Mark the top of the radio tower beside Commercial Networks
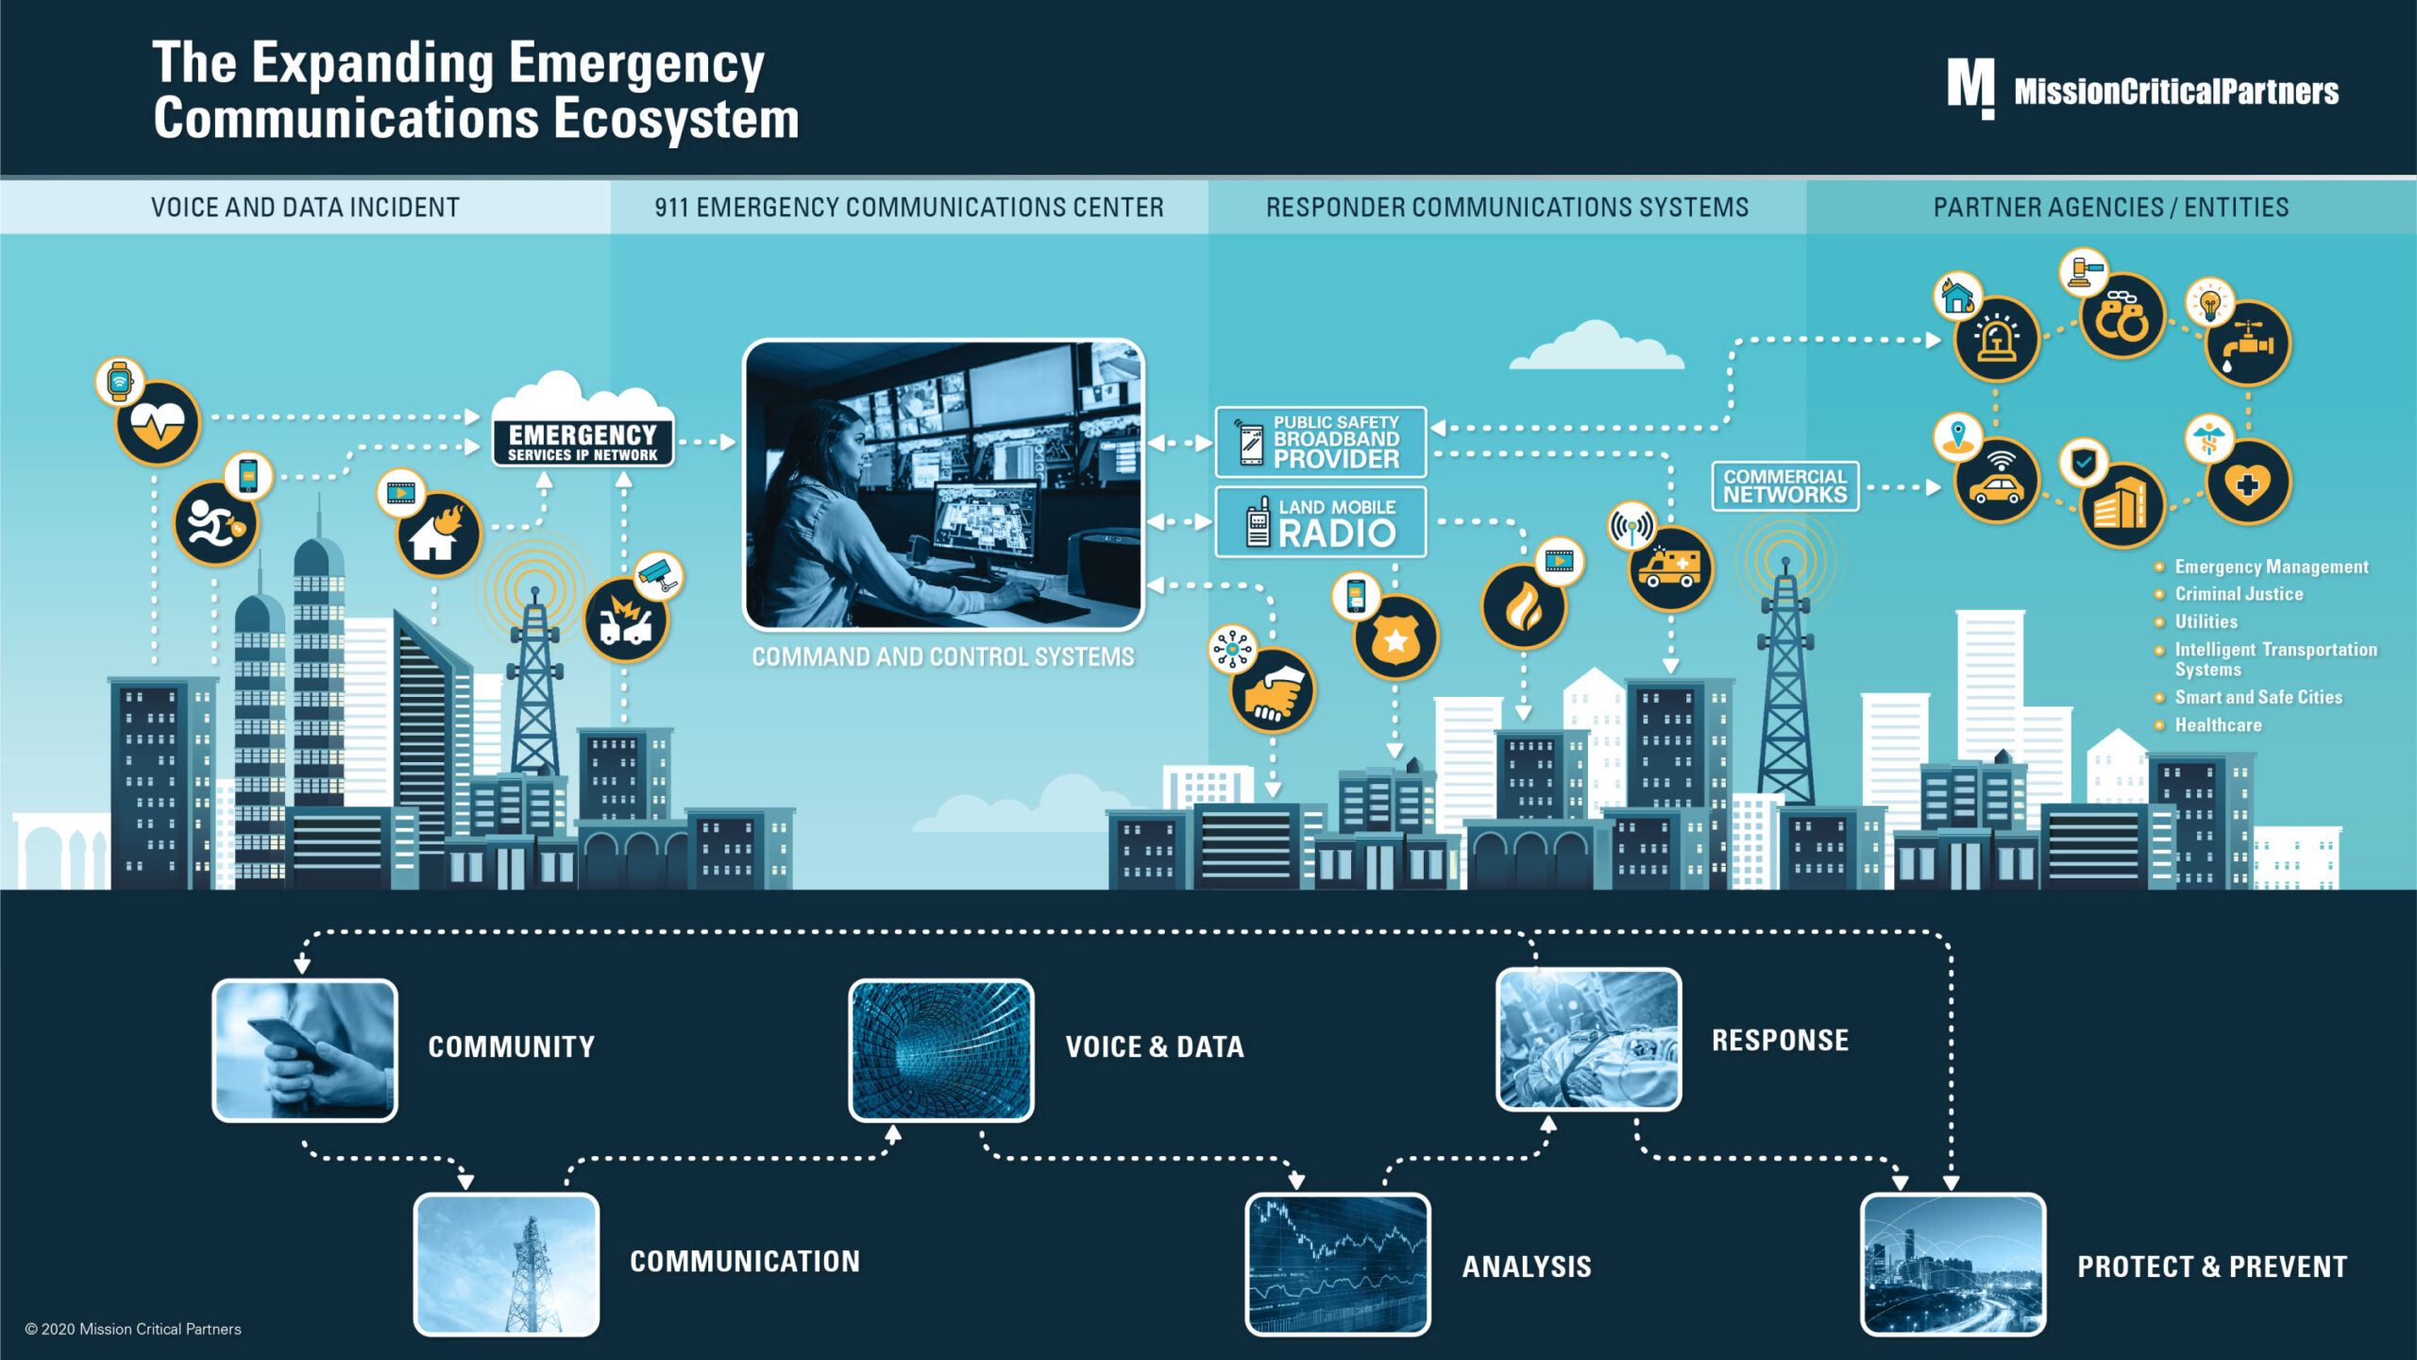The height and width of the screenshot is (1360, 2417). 1784,559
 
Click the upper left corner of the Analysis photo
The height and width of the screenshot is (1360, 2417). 1248,1196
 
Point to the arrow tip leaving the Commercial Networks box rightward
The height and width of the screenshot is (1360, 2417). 1939,487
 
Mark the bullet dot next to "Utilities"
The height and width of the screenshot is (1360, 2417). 2159,621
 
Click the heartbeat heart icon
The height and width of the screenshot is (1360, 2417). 158,423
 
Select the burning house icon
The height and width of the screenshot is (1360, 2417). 439,535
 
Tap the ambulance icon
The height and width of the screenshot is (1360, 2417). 1670,568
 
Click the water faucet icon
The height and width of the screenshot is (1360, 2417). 2248,344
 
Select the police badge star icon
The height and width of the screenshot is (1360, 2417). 1395,637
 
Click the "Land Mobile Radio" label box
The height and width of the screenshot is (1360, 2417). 1320,522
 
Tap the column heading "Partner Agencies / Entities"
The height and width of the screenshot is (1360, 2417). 2111,207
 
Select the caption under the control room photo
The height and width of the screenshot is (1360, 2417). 942,656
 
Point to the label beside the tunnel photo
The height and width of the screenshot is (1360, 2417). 1155,1046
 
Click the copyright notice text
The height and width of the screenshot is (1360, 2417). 133,1329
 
